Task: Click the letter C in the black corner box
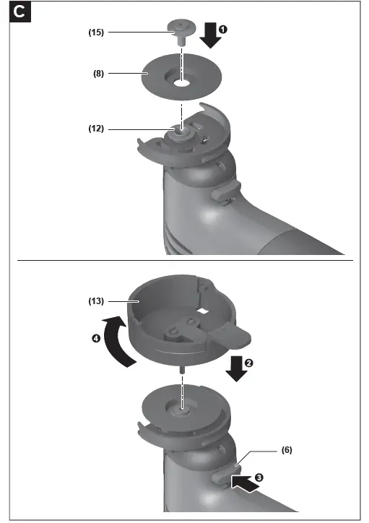[22, 12]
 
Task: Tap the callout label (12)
[96, 129]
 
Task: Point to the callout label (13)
[97, 301]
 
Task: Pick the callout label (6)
[287, 449]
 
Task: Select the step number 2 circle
[249, 363]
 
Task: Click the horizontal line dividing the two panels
[184, 259]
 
